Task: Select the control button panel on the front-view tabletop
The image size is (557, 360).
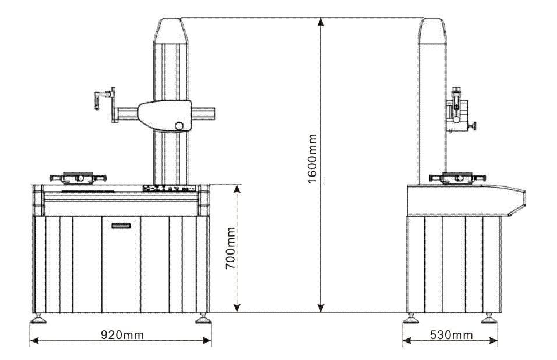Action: click(x=167, y=188)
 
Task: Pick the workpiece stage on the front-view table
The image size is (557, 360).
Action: click(x=76, y=177)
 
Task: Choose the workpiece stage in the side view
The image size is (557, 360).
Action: click(x=453, y=178)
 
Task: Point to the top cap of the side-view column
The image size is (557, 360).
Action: click(x=432, y=30)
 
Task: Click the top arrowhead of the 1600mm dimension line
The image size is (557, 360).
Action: click(x=319, y=22)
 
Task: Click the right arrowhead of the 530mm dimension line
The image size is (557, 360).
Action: click(x=497, y=341)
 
